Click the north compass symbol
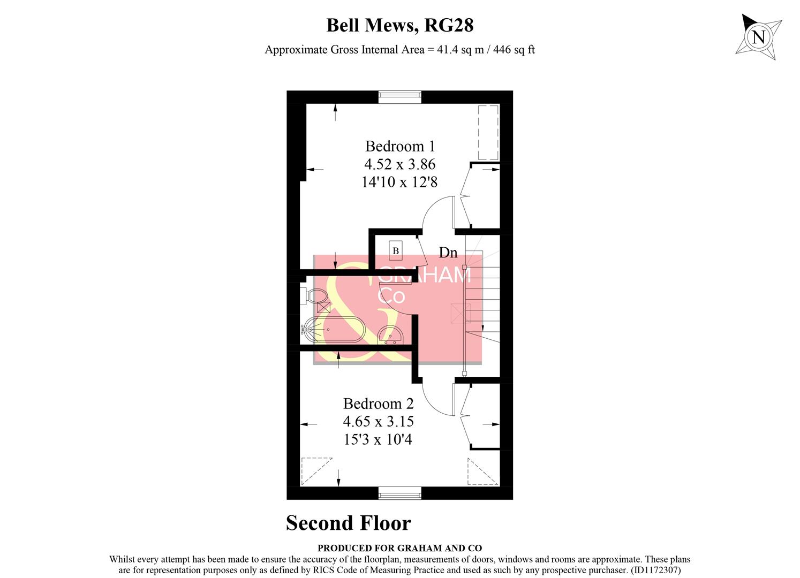(758, 37)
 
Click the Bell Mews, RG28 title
(400, 25)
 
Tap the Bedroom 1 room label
(400, 146)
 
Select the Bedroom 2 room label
(378, 404)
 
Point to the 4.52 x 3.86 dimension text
(400, 164)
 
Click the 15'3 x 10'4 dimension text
(378, 440)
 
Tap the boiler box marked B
(396, 251)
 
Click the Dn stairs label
(448, 253)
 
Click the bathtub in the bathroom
(333, 330)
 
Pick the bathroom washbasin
(390, 334)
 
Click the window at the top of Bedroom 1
(400, 97)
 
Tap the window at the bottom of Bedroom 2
(400, 493)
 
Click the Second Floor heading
(349, 523)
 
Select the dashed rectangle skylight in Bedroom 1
(488, 132)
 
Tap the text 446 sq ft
(514, 50)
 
